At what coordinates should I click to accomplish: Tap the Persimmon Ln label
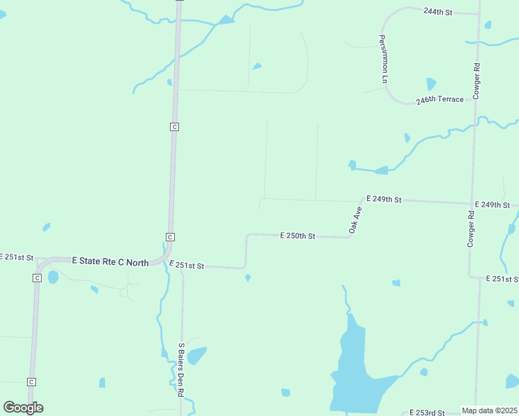pos(383,59)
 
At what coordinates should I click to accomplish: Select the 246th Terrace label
pos(440,100)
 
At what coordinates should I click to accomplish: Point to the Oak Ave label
pos(356,220)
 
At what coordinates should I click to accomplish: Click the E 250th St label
pos(298,236)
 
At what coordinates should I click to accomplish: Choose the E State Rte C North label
pos(110,261)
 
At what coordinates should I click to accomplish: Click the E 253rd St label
pos(427,413)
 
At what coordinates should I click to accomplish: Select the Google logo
pos(23,408)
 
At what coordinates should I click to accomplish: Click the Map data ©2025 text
pos(490,410)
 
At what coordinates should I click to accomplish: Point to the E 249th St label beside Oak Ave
pos(384,200)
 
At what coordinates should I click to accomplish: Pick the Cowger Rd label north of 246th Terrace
pos(477,82)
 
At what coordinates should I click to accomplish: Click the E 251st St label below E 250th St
pos(187,266)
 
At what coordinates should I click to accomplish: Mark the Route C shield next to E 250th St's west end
pos(170,237)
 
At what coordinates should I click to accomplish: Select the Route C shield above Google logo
pos(31,382)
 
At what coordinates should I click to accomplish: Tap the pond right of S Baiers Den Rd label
pos(197,355)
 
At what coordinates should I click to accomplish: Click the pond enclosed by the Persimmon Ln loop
pos(431,84)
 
